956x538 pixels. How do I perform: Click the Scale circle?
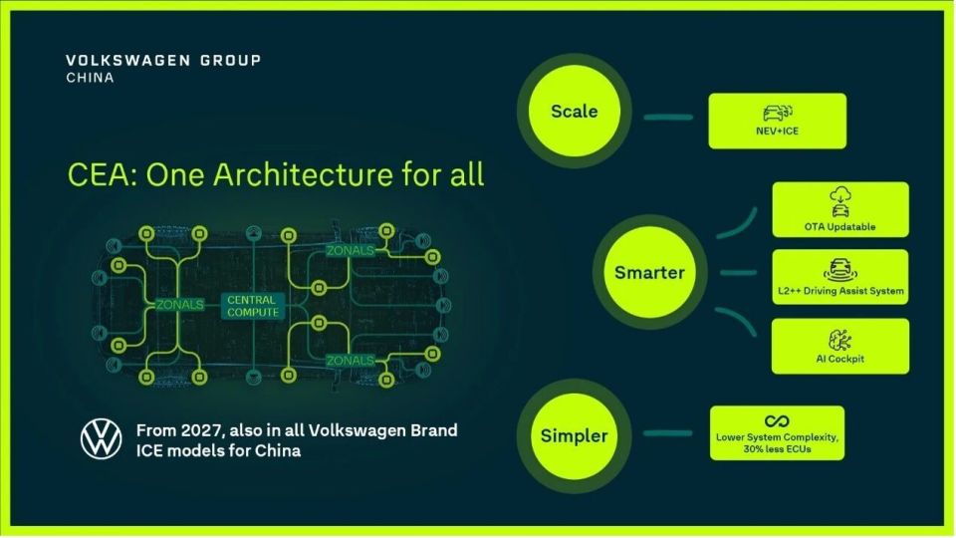[574, 111]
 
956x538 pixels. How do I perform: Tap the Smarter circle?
[649, 272]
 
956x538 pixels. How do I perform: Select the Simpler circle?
[574, 435]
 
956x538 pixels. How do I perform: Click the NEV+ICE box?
[778, 121]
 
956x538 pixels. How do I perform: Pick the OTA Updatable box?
[840, 209]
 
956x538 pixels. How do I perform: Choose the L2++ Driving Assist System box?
[840, 277]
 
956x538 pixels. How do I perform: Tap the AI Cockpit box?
[840, 346]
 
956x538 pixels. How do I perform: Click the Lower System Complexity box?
[778, 433]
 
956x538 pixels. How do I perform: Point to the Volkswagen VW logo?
[102, 438]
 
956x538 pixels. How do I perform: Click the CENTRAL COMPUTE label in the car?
[252, 306]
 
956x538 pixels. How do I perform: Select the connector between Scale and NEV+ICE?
[668, 118]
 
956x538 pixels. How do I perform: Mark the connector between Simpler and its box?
[667, 433]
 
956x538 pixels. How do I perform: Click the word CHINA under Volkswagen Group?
[91, 78]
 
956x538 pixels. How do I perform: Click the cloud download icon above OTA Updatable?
[840, 194]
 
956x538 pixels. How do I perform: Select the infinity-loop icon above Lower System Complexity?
[777, 420]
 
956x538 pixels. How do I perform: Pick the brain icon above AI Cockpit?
[840, 341]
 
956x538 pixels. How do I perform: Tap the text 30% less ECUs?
[778, 449]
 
